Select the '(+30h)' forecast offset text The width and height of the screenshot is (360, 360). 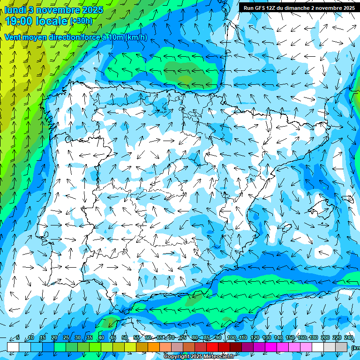coord(81,21)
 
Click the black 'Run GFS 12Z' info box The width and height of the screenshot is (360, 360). coord(298,7)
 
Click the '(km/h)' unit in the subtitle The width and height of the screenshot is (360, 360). coord(136,37)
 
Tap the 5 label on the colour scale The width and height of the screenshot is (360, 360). coord(18,337)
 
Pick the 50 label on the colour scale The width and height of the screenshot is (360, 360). coord(125,337)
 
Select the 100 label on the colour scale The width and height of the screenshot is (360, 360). coord(231,337)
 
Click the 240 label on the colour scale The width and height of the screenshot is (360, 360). coord(348,337)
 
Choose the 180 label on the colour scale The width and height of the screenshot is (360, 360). coord(313,337)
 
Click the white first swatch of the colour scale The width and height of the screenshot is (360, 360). coord(13,347)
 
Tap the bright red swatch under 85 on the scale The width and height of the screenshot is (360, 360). coord(212,347)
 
